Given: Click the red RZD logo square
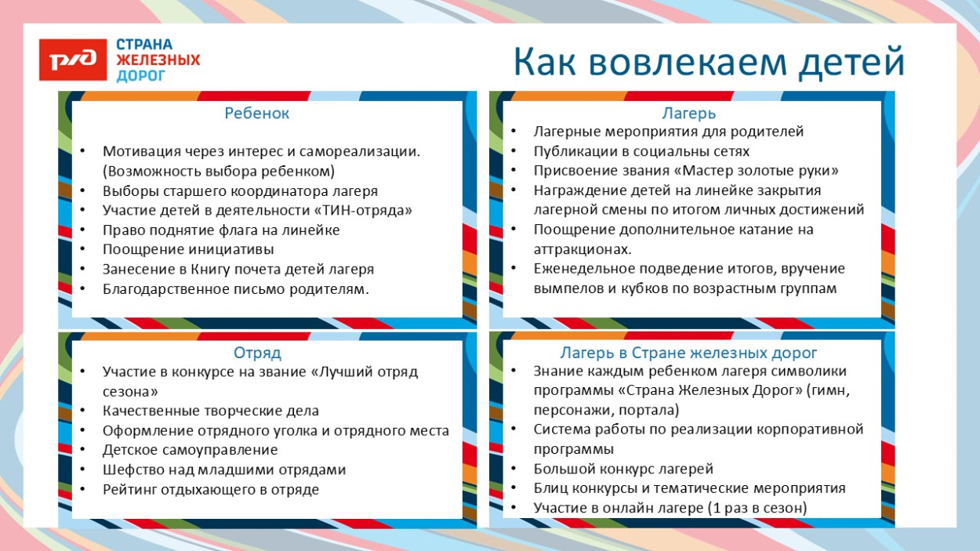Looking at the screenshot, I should [x=72, y=60].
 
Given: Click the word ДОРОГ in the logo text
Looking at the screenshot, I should [x=141, y=76].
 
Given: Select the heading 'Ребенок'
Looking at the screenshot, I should [x=257, y=113].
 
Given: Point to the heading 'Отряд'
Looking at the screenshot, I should [x=257, y=353].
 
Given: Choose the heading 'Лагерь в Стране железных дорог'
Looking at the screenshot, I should [x=689, y=353].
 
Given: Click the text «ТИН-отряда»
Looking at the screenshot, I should [x=363, y=210].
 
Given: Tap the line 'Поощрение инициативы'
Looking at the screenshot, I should [x=188, y=249].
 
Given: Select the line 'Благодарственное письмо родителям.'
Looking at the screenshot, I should [x=235, y=288].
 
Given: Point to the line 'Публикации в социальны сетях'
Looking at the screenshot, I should [x=641, y=151].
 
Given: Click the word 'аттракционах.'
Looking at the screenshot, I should [x=583, y=249].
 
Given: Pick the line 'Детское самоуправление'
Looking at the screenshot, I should [x=191, y=450].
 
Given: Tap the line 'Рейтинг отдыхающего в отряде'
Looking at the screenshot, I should [x=211, y=489].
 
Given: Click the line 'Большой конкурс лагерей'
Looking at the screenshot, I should [x=623, y=469].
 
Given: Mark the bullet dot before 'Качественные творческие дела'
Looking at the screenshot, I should [x=84, y=411].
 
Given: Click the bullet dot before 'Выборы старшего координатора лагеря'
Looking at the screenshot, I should [x=84, y=190].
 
